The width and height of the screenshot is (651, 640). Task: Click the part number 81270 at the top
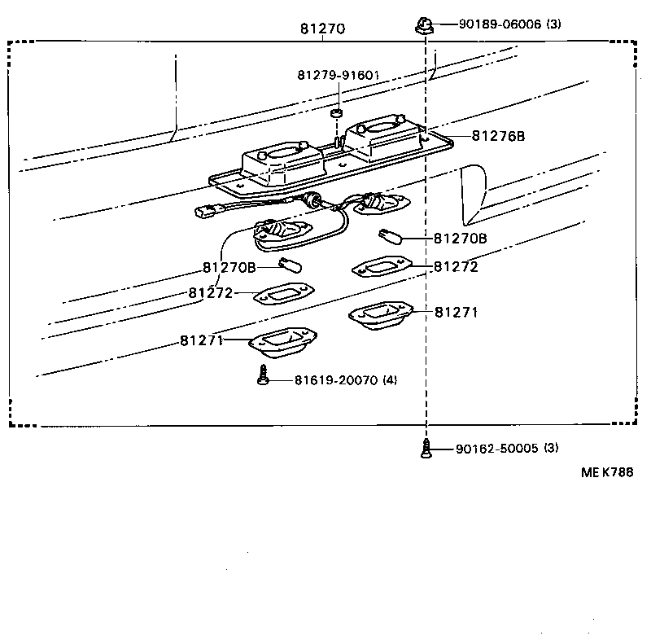(323, 28)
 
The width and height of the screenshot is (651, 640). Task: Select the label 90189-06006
(499, 24)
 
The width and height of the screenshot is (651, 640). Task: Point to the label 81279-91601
(339, 75)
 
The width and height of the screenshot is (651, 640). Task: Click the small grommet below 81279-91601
(336, 111)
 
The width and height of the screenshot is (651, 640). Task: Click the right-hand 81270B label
(460, 239)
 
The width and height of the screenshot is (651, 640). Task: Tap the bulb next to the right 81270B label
(391, 238)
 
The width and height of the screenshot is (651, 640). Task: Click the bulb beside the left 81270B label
(291, 264)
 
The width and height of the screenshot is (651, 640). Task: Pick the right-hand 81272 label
(456, 266)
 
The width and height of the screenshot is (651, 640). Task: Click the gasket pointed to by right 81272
(379, 266)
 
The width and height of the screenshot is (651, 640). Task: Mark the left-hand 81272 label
(212, 293)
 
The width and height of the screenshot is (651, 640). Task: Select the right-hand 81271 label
(456, 312)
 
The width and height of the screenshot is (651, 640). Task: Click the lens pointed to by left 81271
(282, 342)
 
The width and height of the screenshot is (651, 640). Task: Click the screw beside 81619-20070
(262, 377)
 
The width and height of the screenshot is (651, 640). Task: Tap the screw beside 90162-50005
(425, 449)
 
